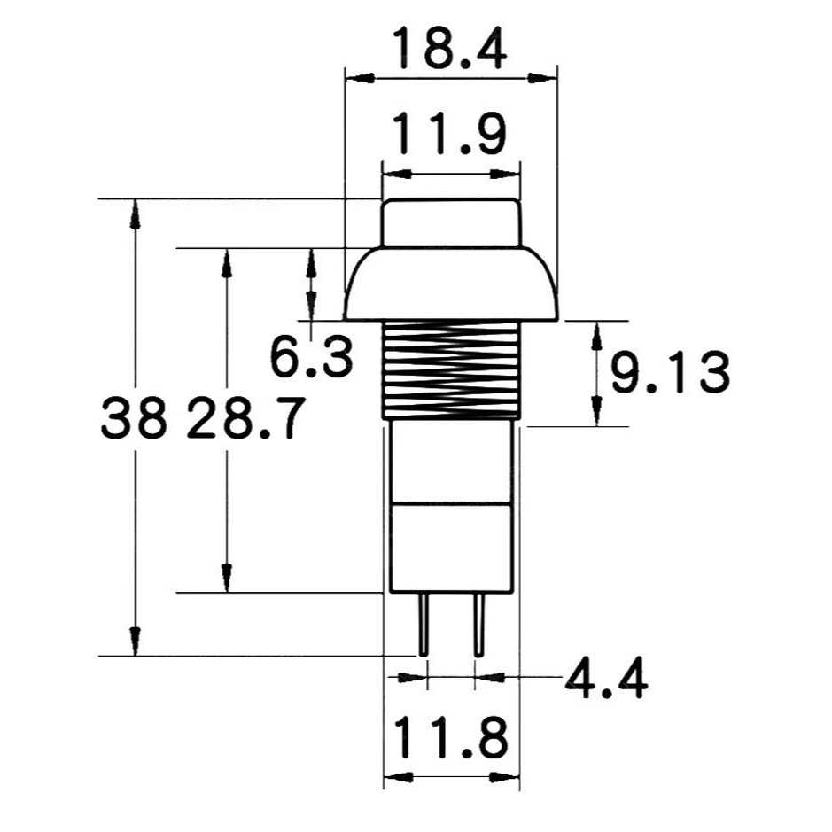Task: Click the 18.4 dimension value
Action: (450, 50)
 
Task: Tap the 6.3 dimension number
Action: (312, 356)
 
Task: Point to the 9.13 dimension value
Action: (670, 372)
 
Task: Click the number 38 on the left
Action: (133, 417)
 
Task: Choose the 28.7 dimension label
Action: (246, 417)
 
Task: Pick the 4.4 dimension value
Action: (606, 678)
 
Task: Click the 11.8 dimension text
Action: (450, 737)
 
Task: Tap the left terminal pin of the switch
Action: (424, 625)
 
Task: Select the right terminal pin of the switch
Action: (478, 625)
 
